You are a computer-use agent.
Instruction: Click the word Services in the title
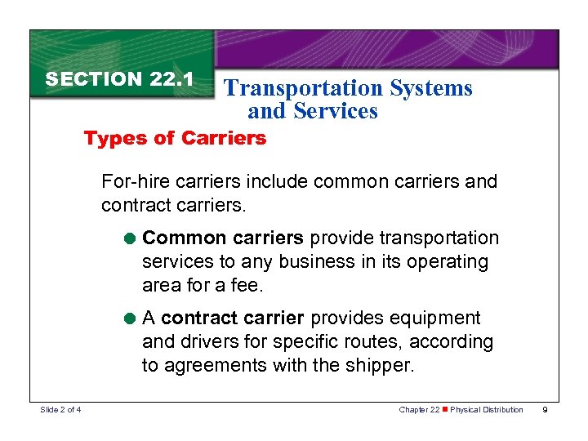point(336,111)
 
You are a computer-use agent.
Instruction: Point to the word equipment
point(439,318)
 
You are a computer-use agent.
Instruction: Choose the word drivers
point(206,341)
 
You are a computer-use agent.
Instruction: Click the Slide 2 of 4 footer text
point(61,410)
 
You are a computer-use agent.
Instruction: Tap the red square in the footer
point(444,410)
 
